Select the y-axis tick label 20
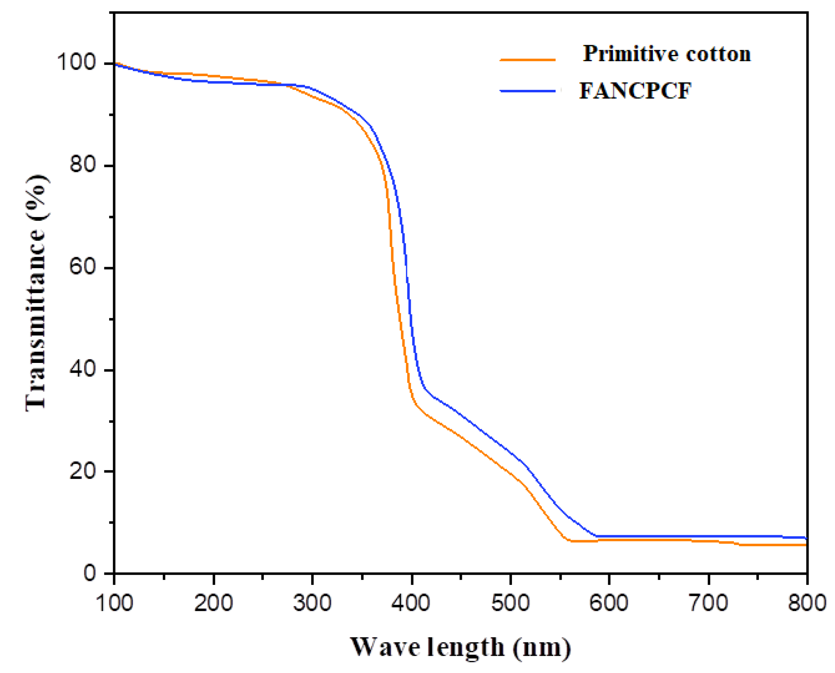pyautogui.click(x=83, y=471)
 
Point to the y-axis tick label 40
pyautogui.click(x=83, y=369)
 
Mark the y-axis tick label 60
pyautogui.click(x=83, y=267)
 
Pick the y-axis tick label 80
pyautogui.click(x=83, y=165)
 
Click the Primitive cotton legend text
pyautogui.click(x=667, y=54)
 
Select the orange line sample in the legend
pyautogui.click(x=527, y=60)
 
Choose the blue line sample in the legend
pyautogui.click(x=527, y=91)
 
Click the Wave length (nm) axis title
pyautogui.click(x=460, y=647)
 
